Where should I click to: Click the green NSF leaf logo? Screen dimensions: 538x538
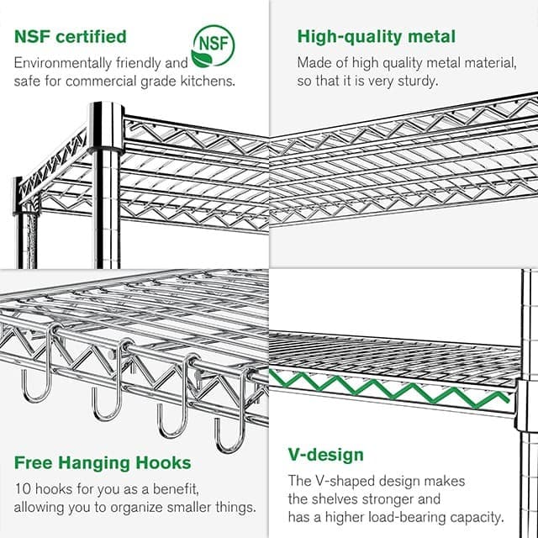213,45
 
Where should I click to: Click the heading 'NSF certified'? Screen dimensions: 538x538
71,37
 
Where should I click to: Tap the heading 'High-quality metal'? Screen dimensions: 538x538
377,37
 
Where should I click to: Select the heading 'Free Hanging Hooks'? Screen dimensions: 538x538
103,463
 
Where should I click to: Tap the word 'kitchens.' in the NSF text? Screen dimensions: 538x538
208,81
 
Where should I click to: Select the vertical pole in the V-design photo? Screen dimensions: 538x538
527,353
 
